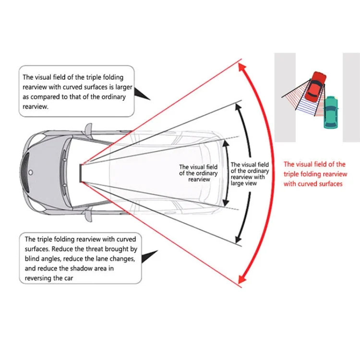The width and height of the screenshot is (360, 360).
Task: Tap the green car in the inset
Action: point(331,112)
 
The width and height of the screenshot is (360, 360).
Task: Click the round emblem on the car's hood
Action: point(31,172)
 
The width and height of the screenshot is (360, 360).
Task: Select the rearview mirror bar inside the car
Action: point(81,173)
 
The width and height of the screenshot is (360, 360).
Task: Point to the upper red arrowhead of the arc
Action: point(242,68)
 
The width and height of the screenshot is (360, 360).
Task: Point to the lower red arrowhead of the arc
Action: point(242,279)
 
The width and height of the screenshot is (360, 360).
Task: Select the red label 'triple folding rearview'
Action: point(315,174)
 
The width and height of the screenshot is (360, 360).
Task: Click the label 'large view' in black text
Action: point(243,183)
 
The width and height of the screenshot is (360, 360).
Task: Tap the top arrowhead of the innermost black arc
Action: point(226,144)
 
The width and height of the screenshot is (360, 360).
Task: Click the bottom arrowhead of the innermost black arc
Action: point(226,203)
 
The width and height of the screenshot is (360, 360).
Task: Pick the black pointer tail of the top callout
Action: point(141,94)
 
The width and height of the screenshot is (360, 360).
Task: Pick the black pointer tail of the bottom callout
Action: point(149,256)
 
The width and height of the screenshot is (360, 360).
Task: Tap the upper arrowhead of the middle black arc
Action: point(238,108)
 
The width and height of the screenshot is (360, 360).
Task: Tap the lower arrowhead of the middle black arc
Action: point(238,239)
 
